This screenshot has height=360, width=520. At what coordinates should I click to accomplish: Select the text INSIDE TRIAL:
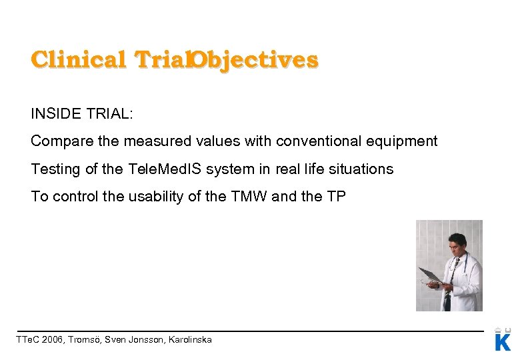[x=82, y=113]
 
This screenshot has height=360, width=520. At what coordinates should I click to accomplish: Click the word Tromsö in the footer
[x=85, y=340]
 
